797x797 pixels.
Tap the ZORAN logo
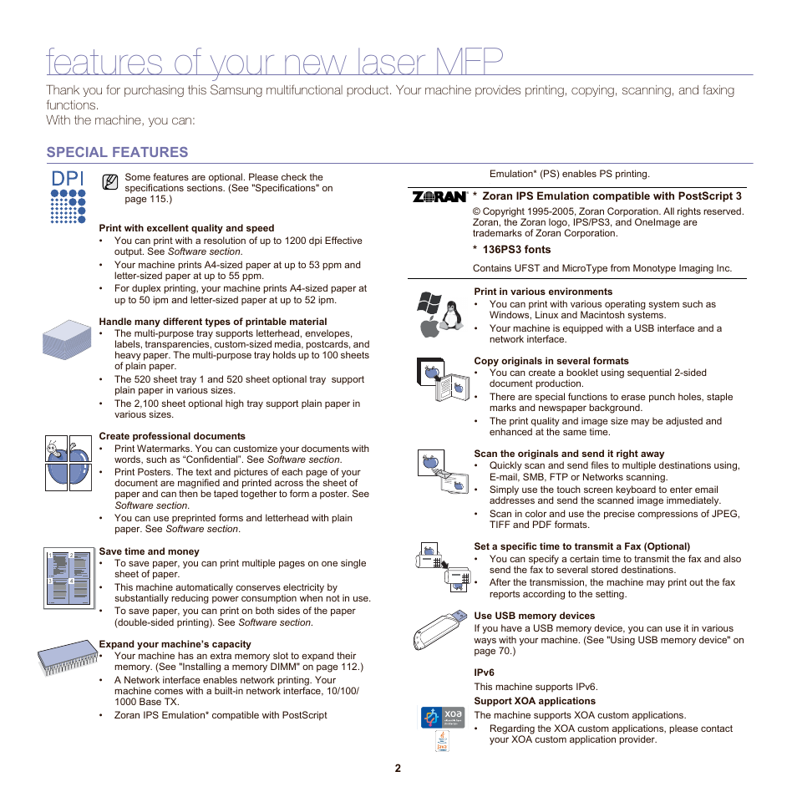pos(439,197)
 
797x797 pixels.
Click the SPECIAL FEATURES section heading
pos(117,152)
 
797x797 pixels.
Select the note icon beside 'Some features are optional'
pos(109,181)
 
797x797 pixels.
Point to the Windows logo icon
pos(429,304)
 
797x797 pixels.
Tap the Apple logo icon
pos(429,327)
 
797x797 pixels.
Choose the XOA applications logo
pos(441,717)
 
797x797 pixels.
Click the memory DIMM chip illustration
pos(67,657)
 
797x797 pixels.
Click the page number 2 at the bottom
pos(398,769)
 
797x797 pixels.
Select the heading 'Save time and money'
pos(149,551)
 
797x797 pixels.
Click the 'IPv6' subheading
pos(484,673)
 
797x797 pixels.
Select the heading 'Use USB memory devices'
pos(534,616)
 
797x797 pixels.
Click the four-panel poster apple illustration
pos(68,463)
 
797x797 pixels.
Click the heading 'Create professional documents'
pos(171,436)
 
